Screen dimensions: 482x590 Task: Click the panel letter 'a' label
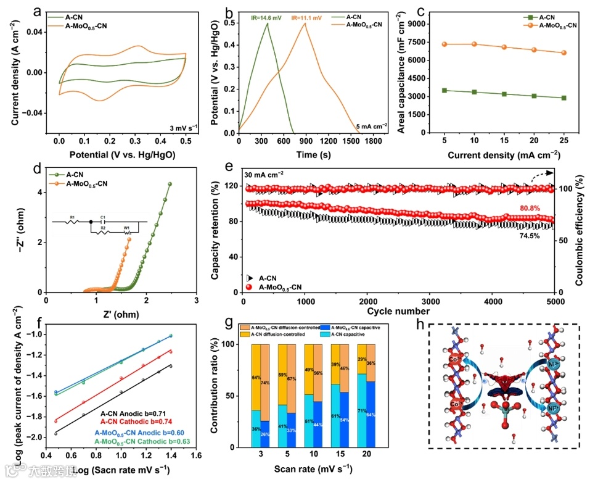pyautogui.click(x=39, y=11)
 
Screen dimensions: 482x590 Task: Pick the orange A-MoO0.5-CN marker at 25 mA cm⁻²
pyautogui.click(x=563, y=52)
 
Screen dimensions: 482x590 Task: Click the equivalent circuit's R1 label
pyautogui.click(x=73, y=218)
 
